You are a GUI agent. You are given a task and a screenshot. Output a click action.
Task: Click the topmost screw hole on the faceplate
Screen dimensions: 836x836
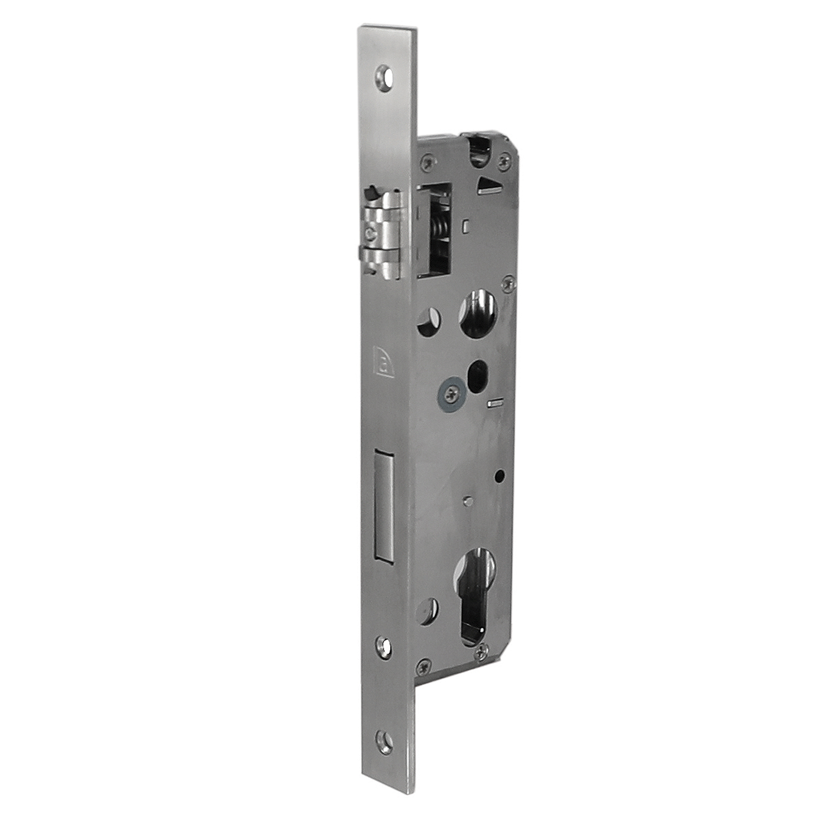pyautogui.click(x=383, y=75)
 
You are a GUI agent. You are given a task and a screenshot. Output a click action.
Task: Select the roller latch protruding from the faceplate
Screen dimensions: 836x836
pyautogui.click(x=382, y=234)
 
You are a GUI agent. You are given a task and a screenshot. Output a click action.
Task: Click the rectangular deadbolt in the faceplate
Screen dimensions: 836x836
pyautogui.click(x=384, y=504)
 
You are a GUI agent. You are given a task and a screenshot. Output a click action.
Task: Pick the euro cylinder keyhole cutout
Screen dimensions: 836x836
pyautogui.click(x=475, y=596)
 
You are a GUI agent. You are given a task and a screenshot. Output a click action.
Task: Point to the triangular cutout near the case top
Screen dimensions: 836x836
pyautogui.click(x=489, y=186)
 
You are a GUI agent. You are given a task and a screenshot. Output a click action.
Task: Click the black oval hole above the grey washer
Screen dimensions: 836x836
pyautogui.click(x=478, y=371)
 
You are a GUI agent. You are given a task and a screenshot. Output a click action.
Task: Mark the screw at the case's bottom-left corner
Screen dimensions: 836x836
pyautogui.click(x=424, y=664)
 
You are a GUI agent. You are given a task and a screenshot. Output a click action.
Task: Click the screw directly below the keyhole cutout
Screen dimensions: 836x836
pyautogui.click(x=482, y=650)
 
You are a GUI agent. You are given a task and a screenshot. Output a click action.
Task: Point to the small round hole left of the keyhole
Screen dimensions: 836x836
pyautogui.click(x=428, y=611)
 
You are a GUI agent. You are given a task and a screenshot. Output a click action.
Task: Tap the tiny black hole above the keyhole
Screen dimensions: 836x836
pyautogui.click(x=499, y=477)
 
